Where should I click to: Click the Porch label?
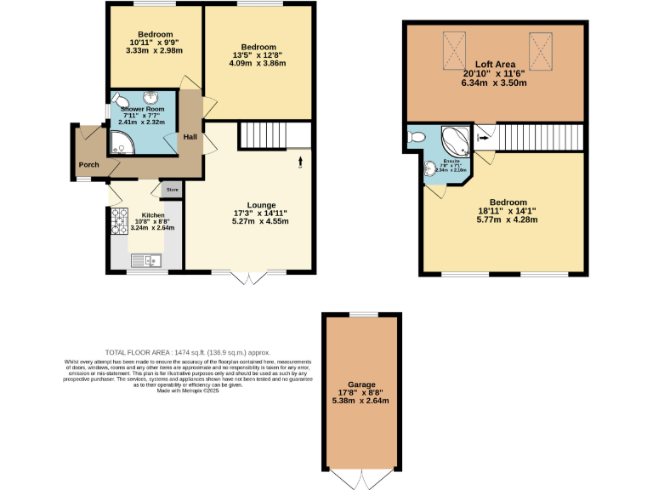88,165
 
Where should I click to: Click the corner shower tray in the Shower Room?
118,146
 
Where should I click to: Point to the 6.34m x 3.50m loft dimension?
495,83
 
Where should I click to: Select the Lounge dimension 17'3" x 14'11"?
261,213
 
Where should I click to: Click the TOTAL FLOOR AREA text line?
187,351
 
